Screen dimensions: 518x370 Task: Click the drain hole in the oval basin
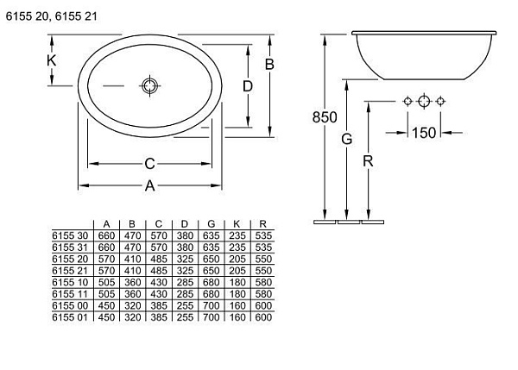149,86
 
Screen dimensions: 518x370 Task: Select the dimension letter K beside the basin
51,60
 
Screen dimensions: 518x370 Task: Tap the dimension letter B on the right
269,65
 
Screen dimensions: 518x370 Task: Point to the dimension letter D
248,86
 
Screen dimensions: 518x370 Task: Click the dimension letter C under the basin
149,164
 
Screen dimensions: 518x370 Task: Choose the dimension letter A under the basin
149,185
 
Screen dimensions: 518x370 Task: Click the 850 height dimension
325,117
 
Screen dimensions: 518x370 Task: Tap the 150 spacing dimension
424,133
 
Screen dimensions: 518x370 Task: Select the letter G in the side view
346,139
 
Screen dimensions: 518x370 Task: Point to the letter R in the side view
368,161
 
